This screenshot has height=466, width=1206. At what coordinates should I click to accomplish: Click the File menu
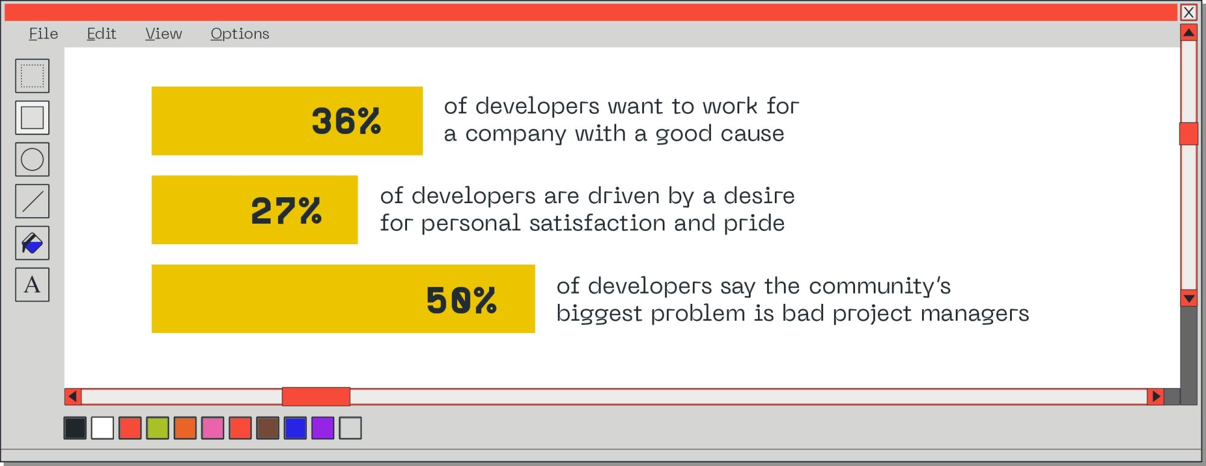click(x=43, y=34)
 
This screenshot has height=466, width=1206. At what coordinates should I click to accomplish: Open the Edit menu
click(x=101, y=34)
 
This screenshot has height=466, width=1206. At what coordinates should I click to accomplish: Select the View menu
click(x=163, y=34)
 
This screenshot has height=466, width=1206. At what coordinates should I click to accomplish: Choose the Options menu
click(x=240, y=34)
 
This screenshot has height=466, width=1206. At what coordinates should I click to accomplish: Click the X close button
click(x=1189, y=12)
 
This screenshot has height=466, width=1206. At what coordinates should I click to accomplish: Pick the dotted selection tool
click(x=33, y=76)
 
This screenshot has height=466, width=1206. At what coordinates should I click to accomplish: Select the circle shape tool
click(x=33, y=159)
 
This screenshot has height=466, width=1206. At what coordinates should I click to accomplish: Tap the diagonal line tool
click(x=33, y=201)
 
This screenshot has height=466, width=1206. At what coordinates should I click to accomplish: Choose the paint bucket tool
click(x=33, y=243)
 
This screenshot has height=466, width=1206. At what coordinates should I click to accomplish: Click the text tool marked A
click(x=33, y=285)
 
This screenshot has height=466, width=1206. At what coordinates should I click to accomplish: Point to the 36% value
click(x=346, y=121)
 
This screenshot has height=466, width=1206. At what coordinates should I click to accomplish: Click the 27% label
click(x=286, y=210)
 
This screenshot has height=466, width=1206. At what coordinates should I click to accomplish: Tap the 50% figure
click(x=461, y=300)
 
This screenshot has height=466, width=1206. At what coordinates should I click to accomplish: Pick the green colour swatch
click(x=157, y=428)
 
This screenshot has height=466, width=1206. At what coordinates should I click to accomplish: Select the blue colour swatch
click(x=295, y=428)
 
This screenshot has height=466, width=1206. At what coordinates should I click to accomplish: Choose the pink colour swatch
click(x=213, y=428)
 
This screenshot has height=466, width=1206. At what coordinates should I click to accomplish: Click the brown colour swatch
click(x=268, y=428)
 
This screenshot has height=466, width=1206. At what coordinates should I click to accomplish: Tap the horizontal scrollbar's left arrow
click(x=73, y=397)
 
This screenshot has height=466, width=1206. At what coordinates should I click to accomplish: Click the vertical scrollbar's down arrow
click(x=1189, y=298)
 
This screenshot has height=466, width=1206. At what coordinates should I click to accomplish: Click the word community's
click(x=880, y=286)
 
